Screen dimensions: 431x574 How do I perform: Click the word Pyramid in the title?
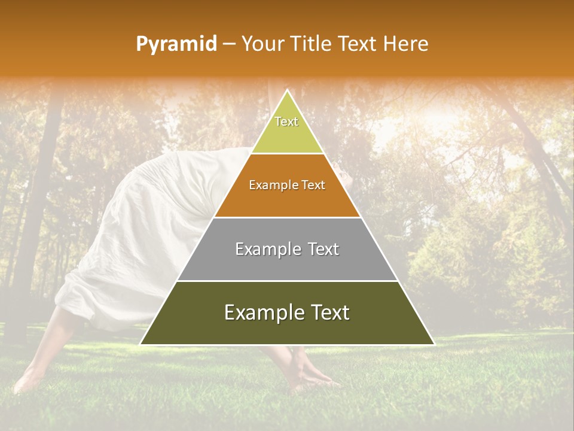(176, 44)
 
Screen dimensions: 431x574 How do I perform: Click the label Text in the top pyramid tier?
(286, 122)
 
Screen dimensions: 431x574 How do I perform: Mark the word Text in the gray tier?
(323, 249)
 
